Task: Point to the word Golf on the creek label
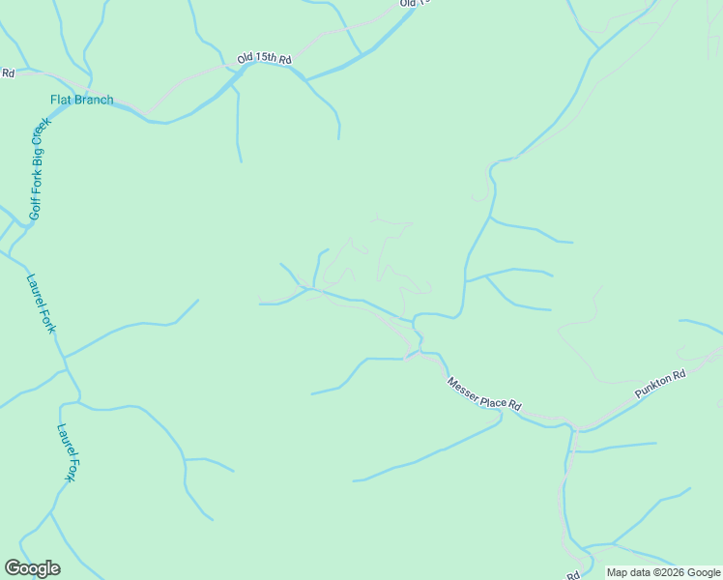pos(35,206)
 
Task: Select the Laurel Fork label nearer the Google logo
pos(67,452)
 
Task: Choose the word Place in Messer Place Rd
pos(492,396)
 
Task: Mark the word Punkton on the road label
pos(653,385)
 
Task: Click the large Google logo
pos(32,568)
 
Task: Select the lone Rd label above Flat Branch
pos(8,72)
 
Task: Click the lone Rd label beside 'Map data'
pos(573,575)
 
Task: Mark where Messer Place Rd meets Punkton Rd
pos(574,425)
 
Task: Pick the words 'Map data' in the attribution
pos(627,573)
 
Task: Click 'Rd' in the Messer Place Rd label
pos(515,406)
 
